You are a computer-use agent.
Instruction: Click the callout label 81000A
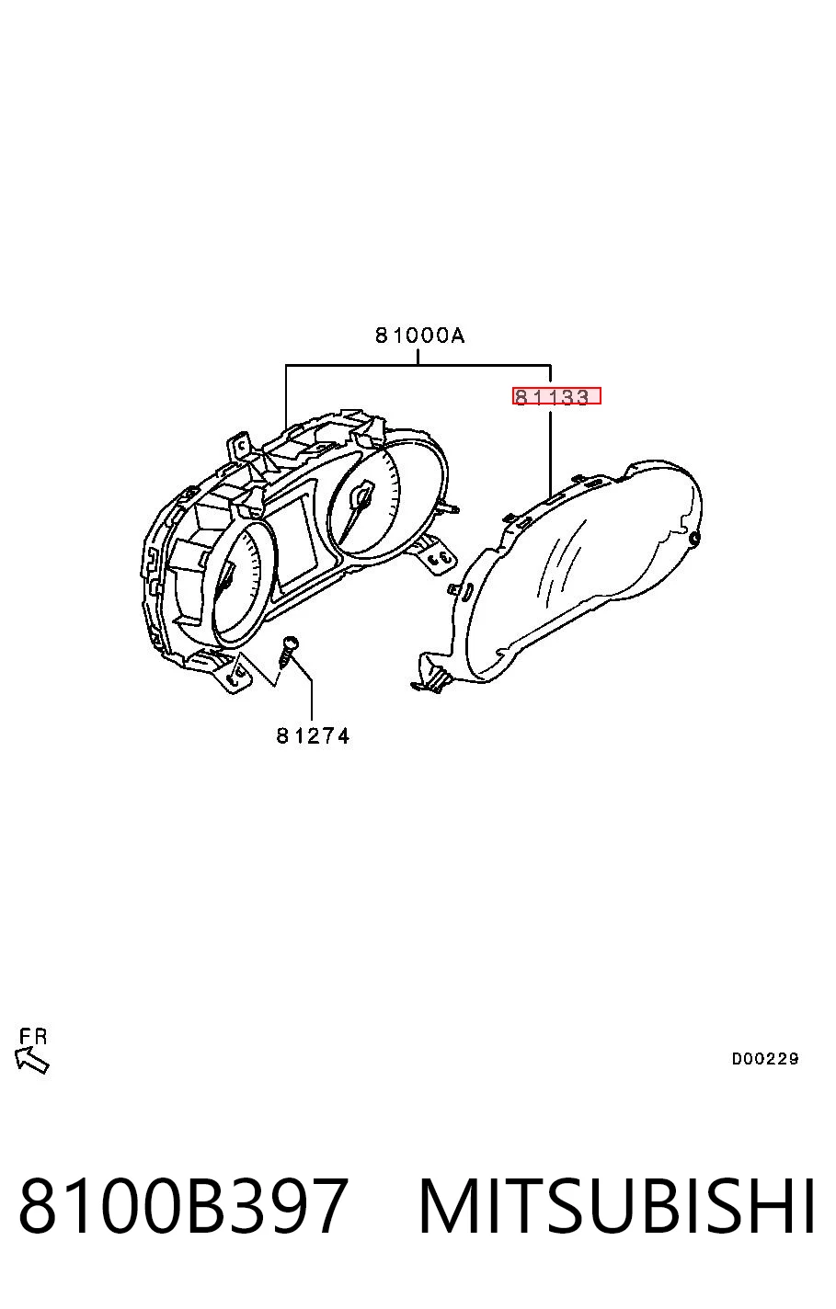[x=419, y=336]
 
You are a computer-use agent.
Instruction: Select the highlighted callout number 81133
[x=556, y=396]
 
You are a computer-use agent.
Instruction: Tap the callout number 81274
[x=313, y=735]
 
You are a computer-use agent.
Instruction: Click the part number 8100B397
[x=184, y=1205]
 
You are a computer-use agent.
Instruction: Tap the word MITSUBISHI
[x=617, y=1205]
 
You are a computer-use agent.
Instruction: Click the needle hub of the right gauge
[x=362, y=494]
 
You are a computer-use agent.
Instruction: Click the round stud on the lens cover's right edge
[x=695, y=538]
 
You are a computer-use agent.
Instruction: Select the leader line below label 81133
[x=550, y=453]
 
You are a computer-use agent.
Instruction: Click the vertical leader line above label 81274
[x=312, y=700]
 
